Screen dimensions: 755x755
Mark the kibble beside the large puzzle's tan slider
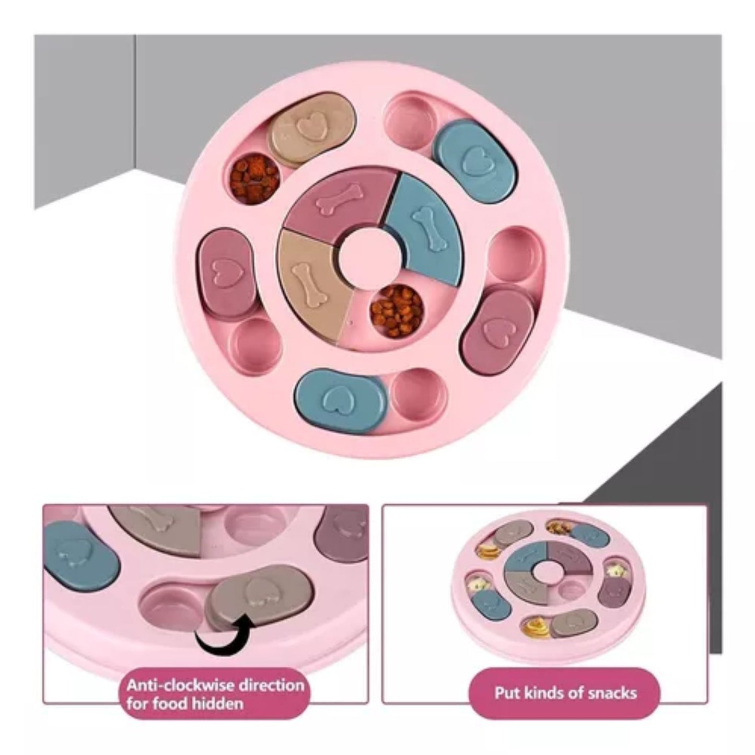click(254, 178)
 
